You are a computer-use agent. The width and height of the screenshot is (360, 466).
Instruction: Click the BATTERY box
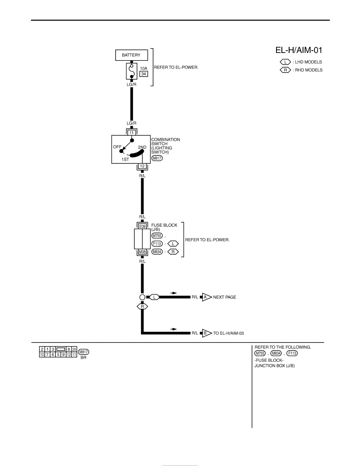pyautogui.click(x=131, y=55)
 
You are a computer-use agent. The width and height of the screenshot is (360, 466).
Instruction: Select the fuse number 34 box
pyautogui.click(x=144, y=74)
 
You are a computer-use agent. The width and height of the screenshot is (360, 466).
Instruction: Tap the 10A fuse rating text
pyautogui.click(x=144, y=68)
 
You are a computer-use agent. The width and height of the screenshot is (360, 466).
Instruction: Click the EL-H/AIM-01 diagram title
pyautogui.click(x=299, y=50)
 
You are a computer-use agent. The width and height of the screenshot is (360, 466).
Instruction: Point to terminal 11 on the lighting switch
pyautogui.click(x=132, y=133)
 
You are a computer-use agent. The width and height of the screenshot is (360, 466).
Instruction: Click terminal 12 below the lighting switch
pyautogui.click(x=142, y=166)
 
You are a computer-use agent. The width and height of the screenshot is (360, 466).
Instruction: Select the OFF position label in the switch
pyautogui.click(x=117, y=147)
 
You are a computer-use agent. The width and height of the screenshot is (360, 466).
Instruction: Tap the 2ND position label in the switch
pyautogui.click(x=142, y=147)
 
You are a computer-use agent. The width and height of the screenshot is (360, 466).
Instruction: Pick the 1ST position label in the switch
pyautogui.click(x=125, y=159)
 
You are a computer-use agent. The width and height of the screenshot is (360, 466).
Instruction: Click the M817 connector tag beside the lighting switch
pyautogui.click(x=157, y=158)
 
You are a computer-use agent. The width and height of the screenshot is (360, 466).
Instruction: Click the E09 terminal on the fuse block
pyautogui.click(x=142, y=226)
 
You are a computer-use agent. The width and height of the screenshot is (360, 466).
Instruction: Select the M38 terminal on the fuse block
pyautogui.click(x=142, y=252)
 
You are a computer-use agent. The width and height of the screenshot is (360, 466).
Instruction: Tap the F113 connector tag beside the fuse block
pyautogui.click(x=157, y=244)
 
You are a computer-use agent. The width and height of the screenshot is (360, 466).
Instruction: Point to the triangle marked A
pyautogui.click(x=206, y=297)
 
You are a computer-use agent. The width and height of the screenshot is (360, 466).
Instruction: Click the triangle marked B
pyautogui.click(x=206, y=333)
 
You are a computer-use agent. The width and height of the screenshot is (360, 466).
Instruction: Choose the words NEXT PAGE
pyautogui.click(x=225, y=297)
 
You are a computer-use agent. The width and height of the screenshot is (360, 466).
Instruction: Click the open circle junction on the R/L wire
pyautogui.click(x=142, y=297)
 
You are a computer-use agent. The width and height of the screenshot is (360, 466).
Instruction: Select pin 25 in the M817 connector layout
pyautogui.click(x=74, y=349)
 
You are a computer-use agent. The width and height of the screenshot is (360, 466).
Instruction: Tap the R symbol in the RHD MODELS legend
pyautogui.click(x=285, y=70)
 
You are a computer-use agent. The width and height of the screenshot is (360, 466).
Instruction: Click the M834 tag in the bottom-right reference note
pyautogui.click(x=276, y=353)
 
